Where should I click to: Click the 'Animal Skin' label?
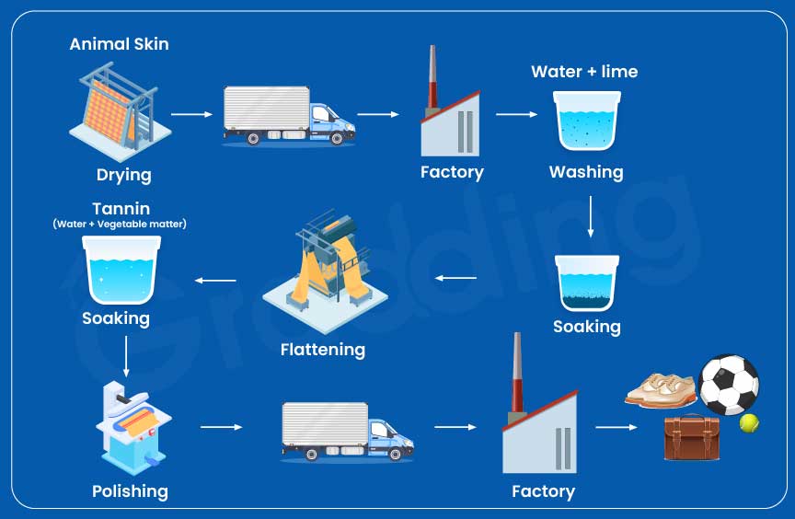(120, 44)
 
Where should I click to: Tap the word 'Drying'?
(124, 175)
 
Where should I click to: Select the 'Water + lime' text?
(584, 72)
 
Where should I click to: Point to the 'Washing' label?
(586, 172)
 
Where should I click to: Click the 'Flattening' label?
(323, 350)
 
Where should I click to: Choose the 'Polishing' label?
(131, 490)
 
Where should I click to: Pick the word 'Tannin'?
(121, 209)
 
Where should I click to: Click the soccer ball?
(729, 384)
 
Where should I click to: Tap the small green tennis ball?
(750, 422)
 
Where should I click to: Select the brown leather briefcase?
(692, 438)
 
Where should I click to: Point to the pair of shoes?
(661, 389)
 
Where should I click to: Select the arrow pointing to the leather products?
(616, 428)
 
